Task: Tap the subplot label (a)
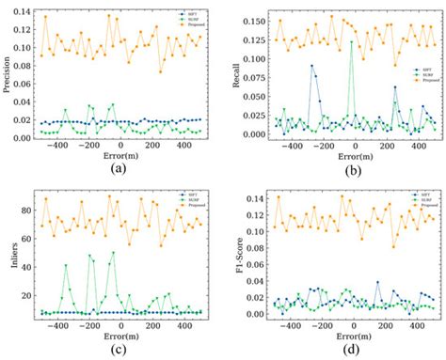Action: coord(118,169)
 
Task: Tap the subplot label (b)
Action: coord(354,170)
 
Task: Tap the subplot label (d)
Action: coord(354,350)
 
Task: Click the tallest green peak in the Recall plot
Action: coord(352,41)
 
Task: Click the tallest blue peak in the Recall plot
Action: coord(311,66)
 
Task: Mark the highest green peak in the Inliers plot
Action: coord(113,252)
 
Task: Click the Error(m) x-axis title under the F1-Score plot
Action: coord(354,337)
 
